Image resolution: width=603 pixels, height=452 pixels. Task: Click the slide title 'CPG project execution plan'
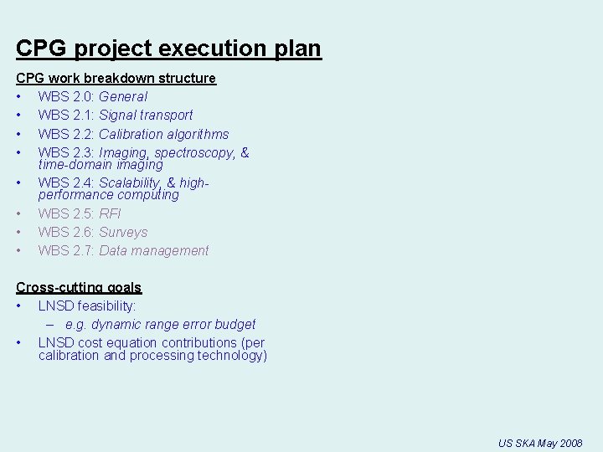(168, 49)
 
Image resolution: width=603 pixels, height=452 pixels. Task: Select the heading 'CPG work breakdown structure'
(116, 78)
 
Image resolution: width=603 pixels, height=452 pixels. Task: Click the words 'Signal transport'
(146, 115)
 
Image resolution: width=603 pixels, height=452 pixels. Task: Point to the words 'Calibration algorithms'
(163, 134)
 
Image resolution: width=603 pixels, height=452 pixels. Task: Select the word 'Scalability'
(129, 182)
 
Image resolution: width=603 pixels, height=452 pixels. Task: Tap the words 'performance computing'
(108, 195)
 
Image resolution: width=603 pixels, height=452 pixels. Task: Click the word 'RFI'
(110, 213)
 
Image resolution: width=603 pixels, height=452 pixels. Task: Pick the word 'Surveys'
(123, 232)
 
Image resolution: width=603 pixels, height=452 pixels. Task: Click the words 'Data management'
(153, 250)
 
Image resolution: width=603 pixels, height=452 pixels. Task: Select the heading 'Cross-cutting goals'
(79, 287)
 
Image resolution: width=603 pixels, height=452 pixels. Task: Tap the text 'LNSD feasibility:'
(87, 306)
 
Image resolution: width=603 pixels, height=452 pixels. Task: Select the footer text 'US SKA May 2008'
(539, 443)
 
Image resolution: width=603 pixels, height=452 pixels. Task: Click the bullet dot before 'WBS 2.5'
(18, 213)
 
